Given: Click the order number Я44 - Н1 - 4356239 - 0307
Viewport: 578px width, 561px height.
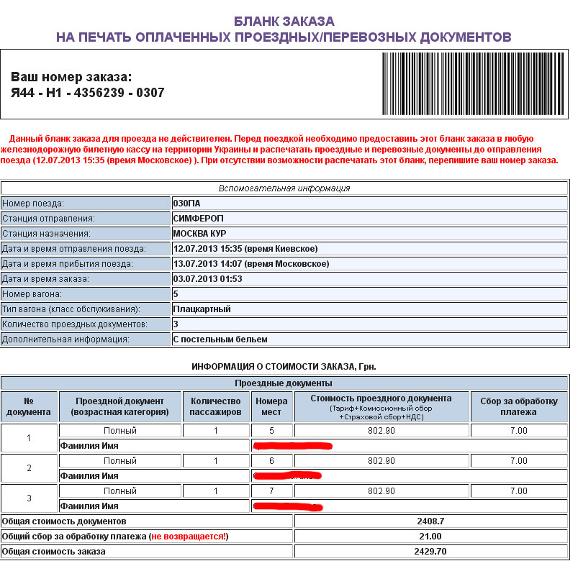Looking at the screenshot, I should pos(88,93).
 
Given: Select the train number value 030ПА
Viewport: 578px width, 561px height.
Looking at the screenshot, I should pos(186,204).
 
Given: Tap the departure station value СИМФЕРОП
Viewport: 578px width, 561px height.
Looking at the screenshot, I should pos(199,218).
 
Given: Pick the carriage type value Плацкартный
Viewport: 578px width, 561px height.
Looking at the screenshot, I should pos(202,309).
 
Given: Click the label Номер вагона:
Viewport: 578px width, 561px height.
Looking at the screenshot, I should pos(32,294).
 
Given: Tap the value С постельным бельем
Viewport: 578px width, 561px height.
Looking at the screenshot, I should pos(220,339).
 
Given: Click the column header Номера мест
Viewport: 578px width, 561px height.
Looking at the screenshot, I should pos(271,406).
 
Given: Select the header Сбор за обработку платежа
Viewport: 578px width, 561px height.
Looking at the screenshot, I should pos(518,406).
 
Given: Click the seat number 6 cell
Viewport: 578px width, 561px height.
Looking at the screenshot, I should pos(271,460).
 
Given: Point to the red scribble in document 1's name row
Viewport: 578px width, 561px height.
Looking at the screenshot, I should pos(293,445).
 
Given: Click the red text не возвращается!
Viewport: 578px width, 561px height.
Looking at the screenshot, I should pos(191,536).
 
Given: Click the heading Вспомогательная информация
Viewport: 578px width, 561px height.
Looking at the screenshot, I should pos(284,188).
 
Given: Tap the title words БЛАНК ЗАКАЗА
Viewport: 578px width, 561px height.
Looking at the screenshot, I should pos(284,22).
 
